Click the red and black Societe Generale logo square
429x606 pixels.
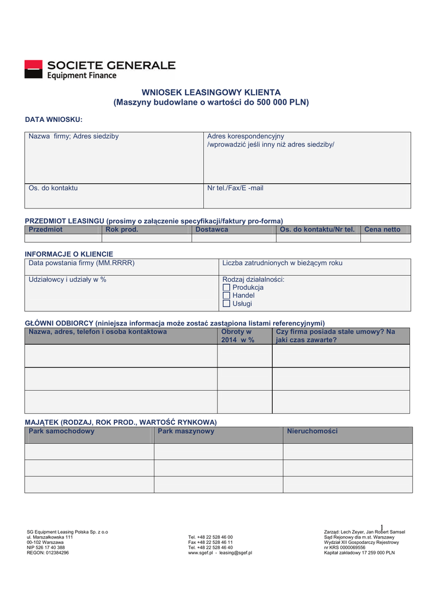click(33, 69)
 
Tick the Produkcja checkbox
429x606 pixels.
click(226, 288)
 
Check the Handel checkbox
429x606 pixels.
click(226, 295)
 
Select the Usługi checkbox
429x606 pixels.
click(226, 304)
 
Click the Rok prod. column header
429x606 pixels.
click(121, 230)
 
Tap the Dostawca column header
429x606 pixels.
click(212, 230)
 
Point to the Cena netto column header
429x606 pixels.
click(382, 230)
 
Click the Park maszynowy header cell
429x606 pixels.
click(186, 431)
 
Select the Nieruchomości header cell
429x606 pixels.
click(312, 431)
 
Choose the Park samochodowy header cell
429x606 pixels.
click(62, 431)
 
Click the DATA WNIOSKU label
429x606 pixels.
click(53, 120)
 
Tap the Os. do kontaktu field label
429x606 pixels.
click(53, 188)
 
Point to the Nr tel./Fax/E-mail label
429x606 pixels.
click(235, 188)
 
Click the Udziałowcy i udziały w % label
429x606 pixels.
click(68, 279)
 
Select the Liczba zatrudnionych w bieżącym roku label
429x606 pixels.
click(282, 263)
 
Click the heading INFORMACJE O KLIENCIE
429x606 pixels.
click(69, 254)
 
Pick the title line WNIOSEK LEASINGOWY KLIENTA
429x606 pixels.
click(211, 92)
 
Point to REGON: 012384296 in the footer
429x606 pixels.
click(48, 553)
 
